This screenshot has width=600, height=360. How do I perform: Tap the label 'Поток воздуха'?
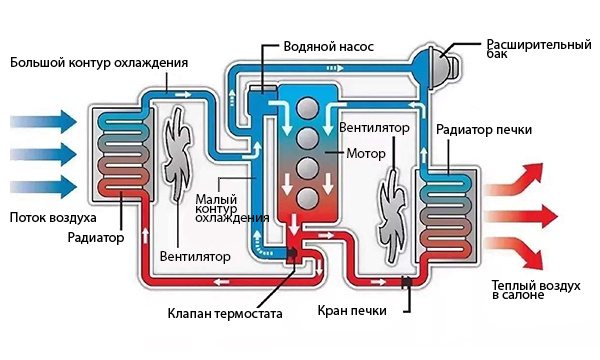click(52, 217)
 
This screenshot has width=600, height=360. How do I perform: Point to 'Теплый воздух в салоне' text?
click(535, 291)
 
